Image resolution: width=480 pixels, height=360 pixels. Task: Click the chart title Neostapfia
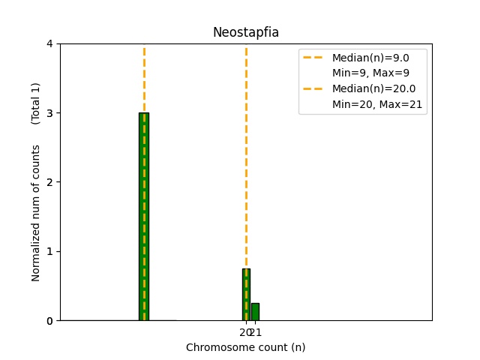(246, 32)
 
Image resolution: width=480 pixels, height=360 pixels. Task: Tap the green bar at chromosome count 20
(246, 294)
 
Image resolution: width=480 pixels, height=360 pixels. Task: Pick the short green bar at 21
(255, 312)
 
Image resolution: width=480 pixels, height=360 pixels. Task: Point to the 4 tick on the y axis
(49, 43)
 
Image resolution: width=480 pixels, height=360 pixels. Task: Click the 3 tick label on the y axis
(49, 113)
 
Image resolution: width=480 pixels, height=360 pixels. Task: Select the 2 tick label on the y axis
(49, 182)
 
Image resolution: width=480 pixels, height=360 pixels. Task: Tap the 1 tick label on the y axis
(49, 251)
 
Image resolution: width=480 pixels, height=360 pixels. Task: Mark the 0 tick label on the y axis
(49, 321)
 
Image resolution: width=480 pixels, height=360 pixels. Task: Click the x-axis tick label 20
(245, 332)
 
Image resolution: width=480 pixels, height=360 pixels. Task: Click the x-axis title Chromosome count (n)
(246, 347)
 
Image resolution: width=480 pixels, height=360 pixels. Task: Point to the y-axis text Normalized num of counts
(36, 213)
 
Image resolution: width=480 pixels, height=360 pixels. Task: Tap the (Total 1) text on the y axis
(36, 103)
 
